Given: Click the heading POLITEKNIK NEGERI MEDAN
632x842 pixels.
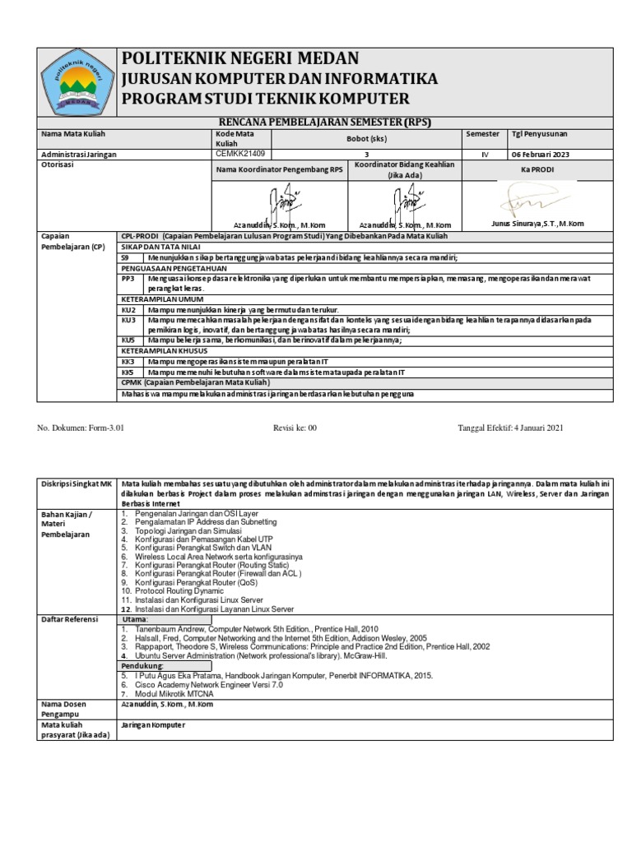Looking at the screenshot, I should pyautogui.click(x=240, y=58).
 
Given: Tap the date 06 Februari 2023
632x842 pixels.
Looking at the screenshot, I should pyautogui.click(x=540, y=154).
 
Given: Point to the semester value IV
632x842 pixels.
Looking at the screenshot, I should pyautogui.click(x=485, y=154).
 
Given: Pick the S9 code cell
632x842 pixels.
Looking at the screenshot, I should pyautogui.click(x=128, y=257).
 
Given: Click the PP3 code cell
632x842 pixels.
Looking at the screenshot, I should pyautogui.click(x=128, y=279).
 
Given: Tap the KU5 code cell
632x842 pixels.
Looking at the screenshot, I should pyautogui.click(x=128, y=340).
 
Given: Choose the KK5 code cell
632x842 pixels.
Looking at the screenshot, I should pyautogui.click(x=128, y=372).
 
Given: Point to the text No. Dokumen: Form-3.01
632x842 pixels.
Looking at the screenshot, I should pyautogui.click(x=81, y=428).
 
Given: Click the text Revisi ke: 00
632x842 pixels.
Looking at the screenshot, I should pyautogui.click(x=295, y=428).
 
